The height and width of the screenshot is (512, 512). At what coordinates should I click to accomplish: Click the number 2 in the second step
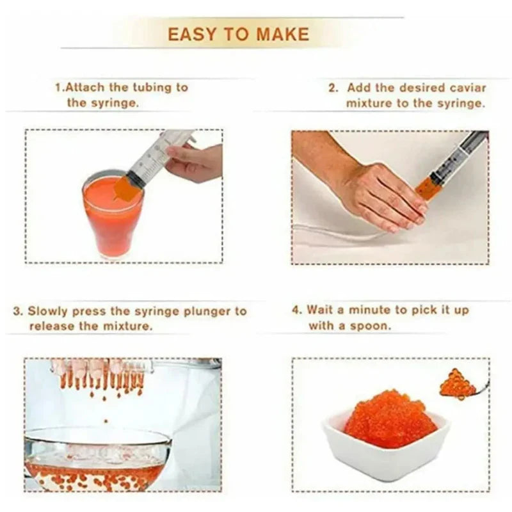332,88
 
